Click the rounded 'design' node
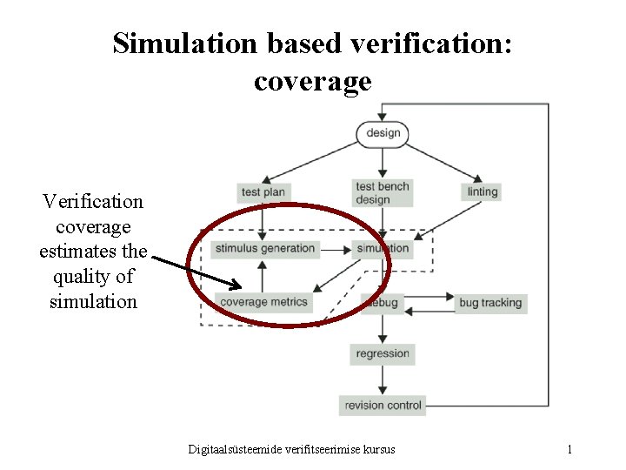[383, 133]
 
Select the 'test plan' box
[263, 191]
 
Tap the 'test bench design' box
[382, 192]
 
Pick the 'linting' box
[482, 191]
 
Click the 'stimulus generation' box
[265, 249]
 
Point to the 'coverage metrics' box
[264, 302]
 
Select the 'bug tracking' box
[490, 303]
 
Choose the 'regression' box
[382, 353]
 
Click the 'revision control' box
[383, 405]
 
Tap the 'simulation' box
[383, 249]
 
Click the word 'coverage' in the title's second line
[312, 81]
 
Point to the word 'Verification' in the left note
[93, 201]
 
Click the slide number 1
[569, 449]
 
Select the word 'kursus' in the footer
[376, 449]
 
